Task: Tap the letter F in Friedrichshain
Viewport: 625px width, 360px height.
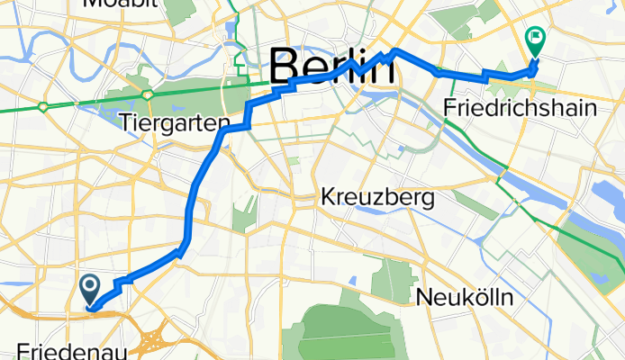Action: pos(450,108)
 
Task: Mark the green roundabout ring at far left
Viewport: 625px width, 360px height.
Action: pos(43,107)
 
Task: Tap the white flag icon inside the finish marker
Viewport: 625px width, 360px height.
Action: pos(534,39)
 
